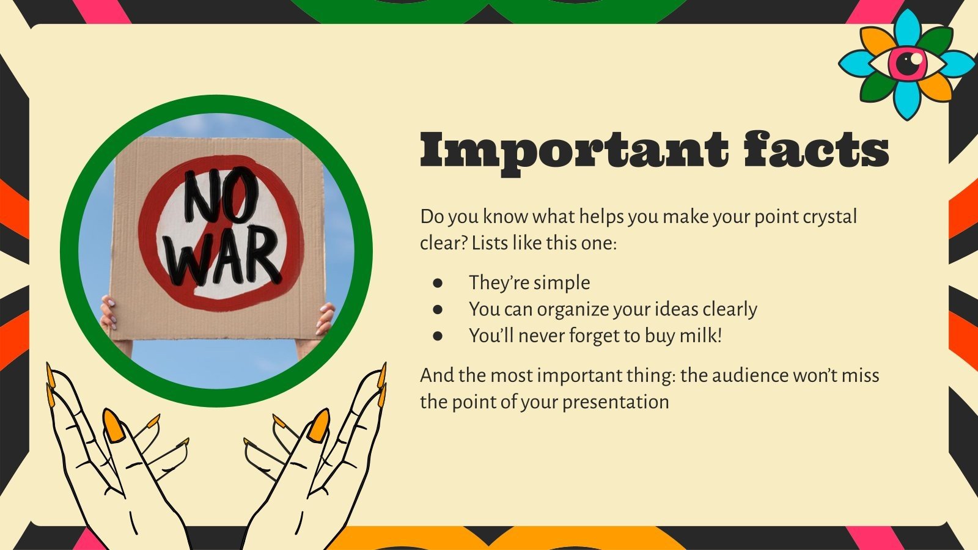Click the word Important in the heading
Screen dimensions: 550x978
pyautogui.click(x=573, y=150)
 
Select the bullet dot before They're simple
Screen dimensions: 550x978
pyautogui.click(x=437, y=283)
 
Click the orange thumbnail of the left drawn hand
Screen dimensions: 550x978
pyautogui.click(x=114, y=426)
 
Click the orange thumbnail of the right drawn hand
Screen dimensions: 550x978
pyautogui.click(x=318, y=425)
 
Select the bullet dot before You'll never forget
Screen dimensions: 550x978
pyautogui.click(x=437, y=335)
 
